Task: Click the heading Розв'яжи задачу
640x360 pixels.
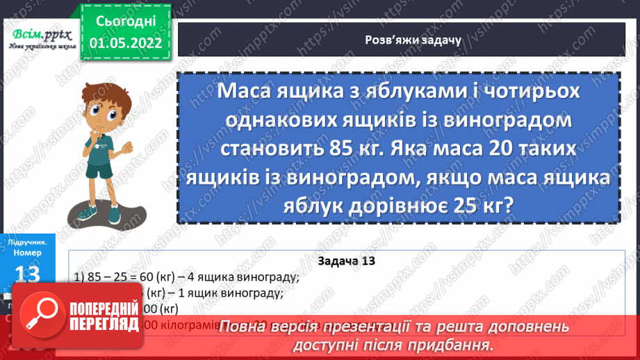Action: pyautogui.click(x=404, y=40)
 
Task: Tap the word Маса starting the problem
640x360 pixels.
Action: pyautogui.click(x=245, y=92)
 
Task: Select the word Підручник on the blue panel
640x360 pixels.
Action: pyautogui.click(x=28, y=243)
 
